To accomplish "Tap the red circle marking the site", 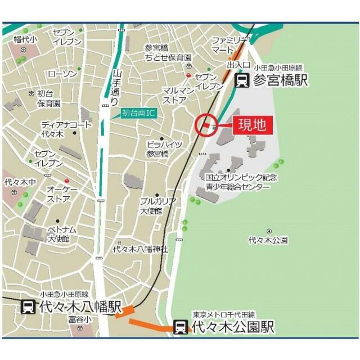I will [x=206, y=124].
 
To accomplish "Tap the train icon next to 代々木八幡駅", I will [x=26, y=307].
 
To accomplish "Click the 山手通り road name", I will [x=116, y=88].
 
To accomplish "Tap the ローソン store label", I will [x=62, y=74].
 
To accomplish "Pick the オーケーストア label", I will [x=58, y=194].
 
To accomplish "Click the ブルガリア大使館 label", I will [x=158, y=206].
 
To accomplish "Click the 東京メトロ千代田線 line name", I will [x=223, y=314].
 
